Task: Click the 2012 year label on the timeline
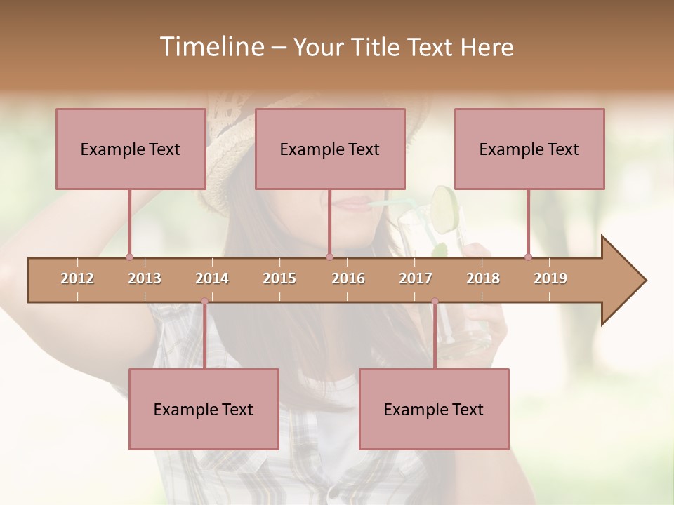[77, 278]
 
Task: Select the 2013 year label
[145, 278]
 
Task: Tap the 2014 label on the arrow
[212, 278]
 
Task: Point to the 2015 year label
[279, 278]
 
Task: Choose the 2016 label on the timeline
[348, 278]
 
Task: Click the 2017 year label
[416, 278]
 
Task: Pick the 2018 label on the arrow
[483, 278]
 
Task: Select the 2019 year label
[550, 278]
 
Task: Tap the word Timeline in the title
[211, 47]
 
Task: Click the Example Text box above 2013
[131, 149]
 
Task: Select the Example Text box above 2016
[330, 149]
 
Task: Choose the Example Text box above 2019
[529, 149]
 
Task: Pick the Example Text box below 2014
[204, 410]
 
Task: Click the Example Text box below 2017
[434, 410]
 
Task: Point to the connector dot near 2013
[129, 257]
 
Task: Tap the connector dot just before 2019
[528, 257]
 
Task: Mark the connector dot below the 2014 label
[204, 302]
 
